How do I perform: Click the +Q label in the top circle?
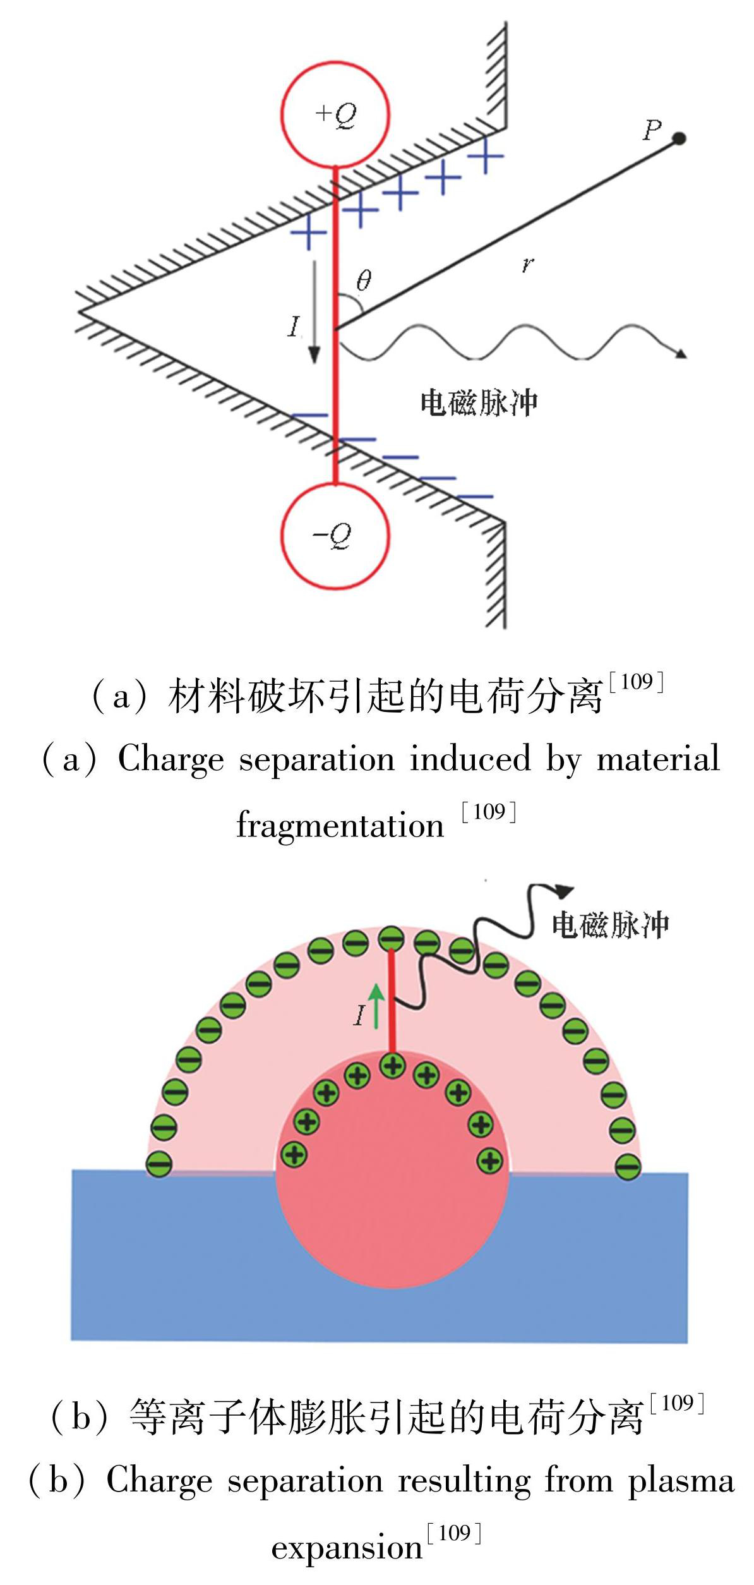point(336,115)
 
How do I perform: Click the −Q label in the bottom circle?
point(333,536)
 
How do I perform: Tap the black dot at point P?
point(679,138)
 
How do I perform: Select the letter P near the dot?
point(652,130)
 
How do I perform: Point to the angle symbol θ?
point(364,280)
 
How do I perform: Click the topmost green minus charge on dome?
point(391,938)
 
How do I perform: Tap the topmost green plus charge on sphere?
point(393,1066)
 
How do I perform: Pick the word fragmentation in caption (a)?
point(340,826)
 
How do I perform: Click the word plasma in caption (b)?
point(681,1481)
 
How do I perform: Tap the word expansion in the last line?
point(347,1548)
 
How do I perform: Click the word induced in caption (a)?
point(470,759)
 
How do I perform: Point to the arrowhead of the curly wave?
point(564,891)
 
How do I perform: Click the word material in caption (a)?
point(658,759)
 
